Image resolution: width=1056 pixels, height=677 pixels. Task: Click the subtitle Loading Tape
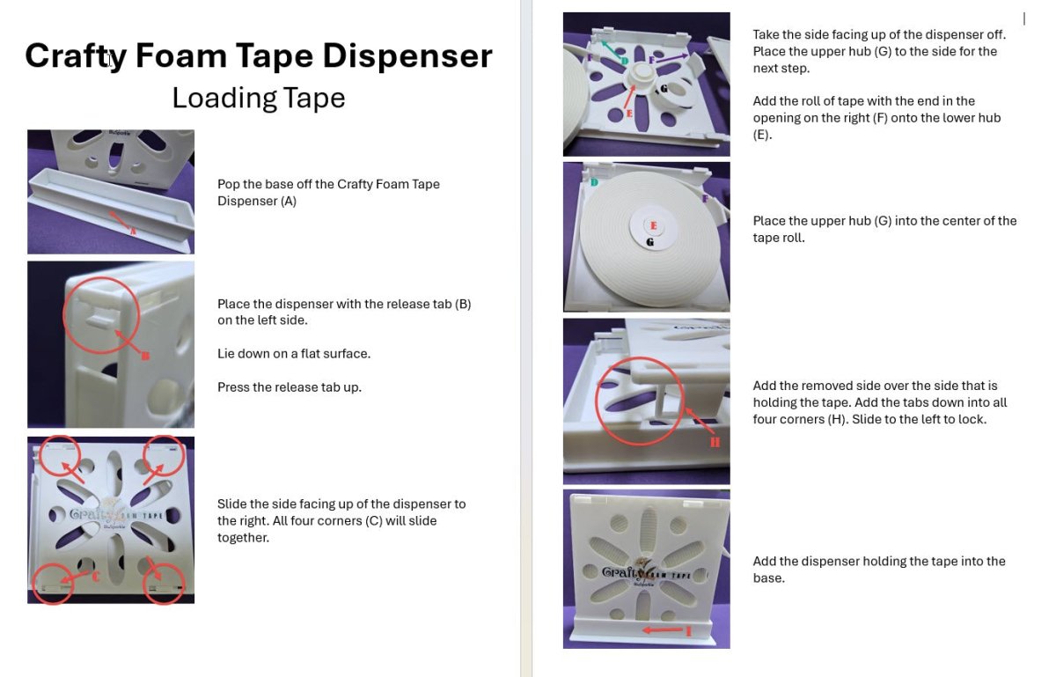pyautogui.click(x=258, y=98)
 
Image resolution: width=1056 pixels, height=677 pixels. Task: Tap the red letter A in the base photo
pyautogui.click(x=133, y=232)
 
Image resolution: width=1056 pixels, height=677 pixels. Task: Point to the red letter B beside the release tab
pyautogui.click(x=145, y=357)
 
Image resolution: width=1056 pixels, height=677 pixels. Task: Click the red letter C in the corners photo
pyautogui.click(x=96, y=577)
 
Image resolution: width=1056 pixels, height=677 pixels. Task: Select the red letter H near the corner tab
pyautogui.click(x=715, y=441)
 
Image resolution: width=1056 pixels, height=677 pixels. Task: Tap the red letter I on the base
pyautogui.click(x=688, y=630)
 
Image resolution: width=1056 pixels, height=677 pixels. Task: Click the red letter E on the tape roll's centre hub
pyautogui.click(x=653, y=226)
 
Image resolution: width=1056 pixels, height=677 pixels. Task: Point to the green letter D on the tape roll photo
pyautogui.click(x=594, y=182)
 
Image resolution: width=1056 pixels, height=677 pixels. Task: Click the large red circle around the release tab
pyautogui.click(x=100, y=316)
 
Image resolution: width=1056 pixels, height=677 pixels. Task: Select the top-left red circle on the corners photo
pyautogui.click(x=59, y=456)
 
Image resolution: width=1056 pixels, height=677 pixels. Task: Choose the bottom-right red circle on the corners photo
pyautogui.click(x=164, y=582)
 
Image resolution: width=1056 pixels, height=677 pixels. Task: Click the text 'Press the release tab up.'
pyautogui.click(x=290, y=387)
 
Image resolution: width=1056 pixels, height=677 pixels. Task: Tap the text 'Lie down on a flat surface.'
pyautogui.click(x=294, y=354)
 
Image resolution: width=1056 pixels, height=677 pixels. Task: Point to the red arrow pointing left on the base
pyautogui.click(x=661, y=630)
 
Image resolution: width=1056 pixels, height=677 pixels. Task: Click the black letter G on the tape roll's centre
pyautogui.click(x=649, y=241)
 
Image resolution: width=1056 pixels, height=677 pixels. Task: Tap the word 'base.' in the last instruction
pyautogui.click(x=768, y=578)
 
